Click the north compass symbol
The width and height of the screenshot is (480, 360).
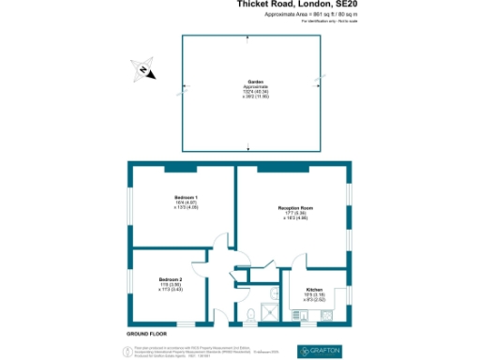click(x=142, y=70)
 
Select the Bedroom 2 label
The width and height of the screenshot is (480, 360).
click(x=170, y=280)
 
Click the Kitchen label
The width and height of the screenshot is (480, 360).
click(x=314, y=289)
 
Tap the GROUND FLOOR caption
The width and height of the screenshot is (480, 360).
click(x=147, y=334)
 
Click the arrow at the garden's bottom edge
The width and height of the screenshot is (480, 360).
click(x=247, y=147)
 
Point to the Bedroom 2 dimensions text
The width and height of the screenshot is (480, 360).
click(x=170, y=288)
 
